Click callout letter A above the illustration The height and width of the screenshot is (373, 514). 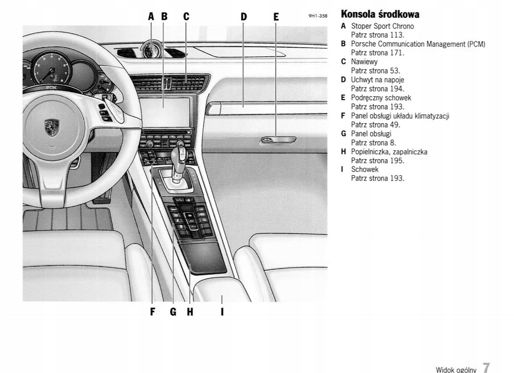pyautogui.click(x=151, y=16)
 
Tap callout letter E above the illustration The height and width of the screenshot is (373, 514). pyautogui.click(x=276, y=16)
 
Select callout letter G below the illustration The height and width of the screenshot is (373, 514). pyautogui.click(x=173, y=312)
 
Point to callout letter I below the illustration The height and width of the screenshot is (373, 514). pyautogui.click(x=222, y=312)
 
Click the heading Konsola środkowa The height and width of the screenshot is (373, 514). pyautogui.click(x=380, y=14)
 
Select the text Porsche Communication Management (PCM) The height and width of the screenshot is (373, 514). pyautogui.click(x=418, y=44)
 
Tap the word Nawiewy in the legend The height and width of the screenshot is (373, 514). pyautogui.click(x=364, y=62)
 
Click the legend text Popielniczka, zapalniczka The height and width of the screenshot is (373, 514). pyautogui.click(x=389, y=152)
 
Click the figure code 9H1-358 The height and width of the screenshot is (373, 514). pyautogui.click(x=318, y=16)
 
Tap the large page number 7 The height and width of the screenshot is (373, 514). pyautogui.click(x=486, y=368)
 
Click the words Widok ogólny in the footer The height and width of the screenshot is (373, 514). pyautogui.click(x=456, y=370)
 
